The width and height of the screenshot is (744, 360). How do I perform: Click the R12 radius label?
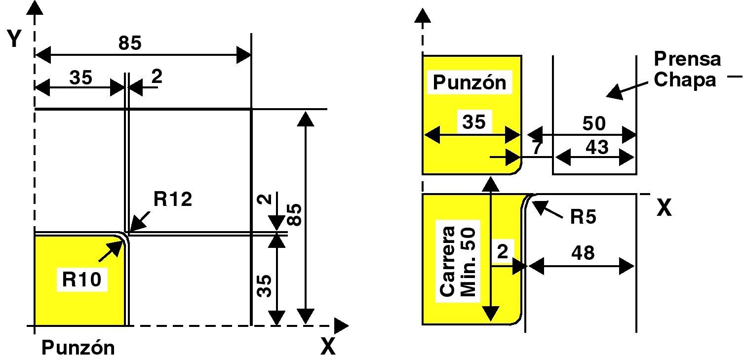point(172,200)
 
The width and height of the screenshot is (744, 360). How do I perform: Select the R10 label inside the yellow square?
point(81,280)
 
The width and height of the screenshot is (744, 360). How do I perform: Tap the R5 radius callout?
point(584,217)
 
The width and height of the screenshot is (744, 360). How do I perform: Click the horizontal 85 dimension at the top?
point(130,43)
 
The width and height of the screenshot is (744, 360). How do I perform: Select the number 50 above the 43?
point(593,123)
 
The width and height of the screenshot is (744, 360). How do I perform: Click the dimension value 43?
point(596,147)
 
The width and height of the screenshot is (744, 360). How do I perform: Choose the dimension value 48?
point(583,253)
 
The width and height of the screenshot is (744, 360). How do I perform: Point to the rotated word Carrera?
point(448,261)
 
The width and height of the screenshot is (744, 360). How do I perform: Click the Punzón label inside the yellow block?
point(470,82)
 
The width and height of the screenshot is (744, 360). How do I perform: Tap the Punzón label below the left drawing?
point(78,348)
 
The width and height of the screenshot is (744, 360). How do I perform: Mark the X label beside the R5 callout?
point(664,209)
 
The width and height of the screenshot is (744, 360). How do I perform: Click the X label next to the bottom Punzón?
point(328,348)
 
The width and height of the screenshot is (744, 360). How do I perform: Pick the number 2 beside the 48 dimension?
point(502,252)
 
